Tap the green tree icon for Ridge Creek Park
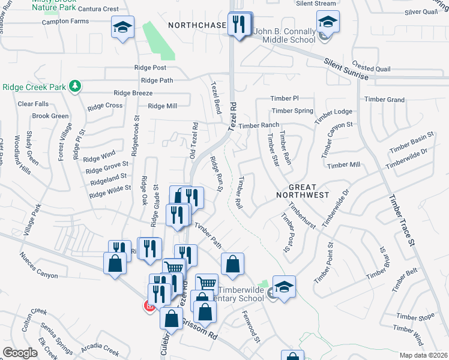[x=75, y=87]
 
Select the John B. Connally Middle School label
[x=285, y=35]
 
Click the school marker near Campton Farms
[x=122, y=28]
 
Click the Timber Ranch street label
[x=259, y=125]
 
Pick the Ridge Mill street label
[x=162, y=106]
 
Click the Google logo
[x=20, y=353]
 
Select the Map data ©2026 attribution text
[x=423, y=355]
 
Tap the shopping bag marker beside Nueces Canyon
[x=115, y=263]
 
